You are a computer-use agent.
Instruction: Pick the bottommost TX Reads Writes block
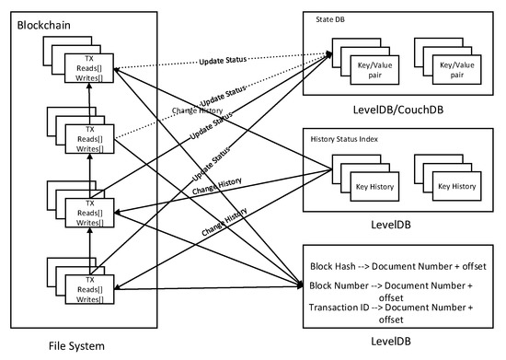click(x=90, y=286)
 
